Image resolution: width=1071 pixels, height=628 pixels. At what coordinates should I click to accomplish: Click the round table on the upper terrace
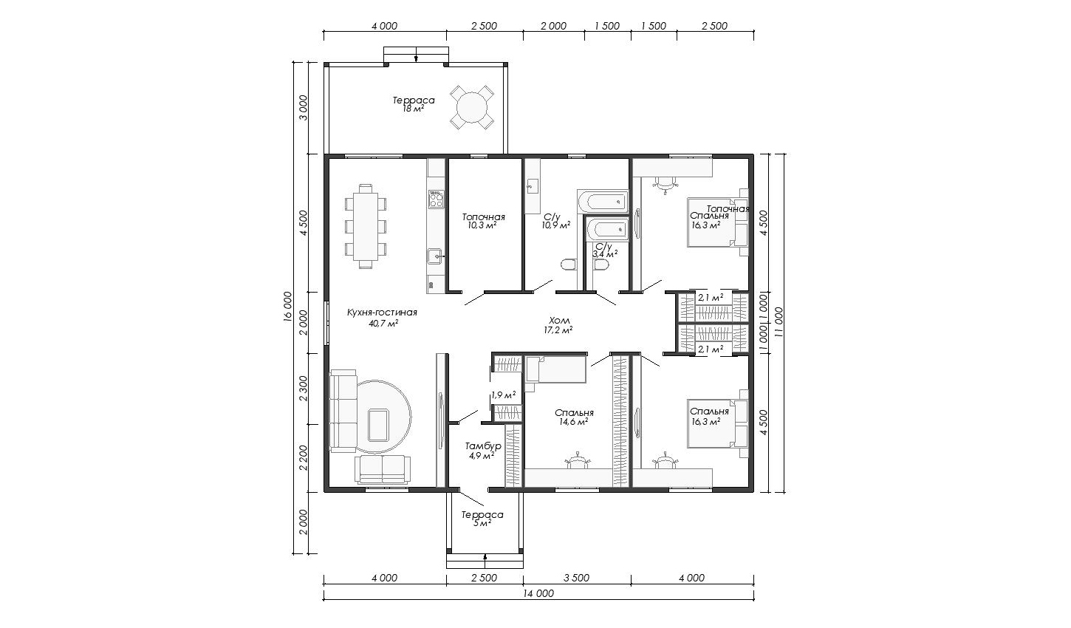point(472,108)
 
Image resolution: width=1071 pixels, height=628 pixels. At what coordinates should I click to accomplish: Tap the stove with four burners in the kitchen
point(436,199)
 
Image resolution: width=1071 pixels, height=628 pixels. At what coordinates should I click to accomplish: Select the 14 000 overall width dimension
point(538,593)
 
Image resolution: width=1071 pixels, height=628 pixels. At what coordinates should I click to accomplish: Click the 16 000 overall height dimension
point(287,307)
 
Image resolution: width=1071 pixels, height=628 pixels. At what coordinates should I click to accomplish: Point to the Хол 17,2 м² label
point(558,325)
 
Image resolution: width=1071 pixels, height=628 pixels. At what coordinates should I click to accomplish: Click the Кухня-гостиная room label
point(382,313)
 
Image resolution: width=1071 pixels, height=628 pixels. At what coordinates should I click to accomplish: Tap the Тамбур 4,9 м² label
point(483,451)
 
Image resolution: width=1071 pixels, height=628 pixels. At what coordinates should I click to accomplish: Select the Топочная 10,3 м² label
point(483,221)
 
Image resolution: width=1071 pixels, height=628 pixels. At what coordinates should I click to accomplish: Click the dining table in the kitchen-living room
point(366,226)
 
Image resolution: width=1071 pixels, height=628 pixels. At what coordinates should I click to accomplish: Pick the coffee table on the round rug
point(377,426)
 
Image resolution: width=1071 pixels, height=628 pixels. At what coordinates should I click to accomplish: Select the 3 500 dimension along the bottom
point(577,578)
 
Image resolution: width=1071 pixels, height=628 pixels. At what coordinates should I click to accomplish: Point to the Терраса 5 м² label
point(482,519)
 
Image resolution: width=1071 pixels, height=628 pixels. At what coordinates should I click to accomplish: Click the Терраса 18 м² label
point(414,104)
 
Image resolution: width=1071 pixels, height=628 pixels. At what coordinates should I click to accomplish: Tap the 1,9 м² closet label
point(504,395)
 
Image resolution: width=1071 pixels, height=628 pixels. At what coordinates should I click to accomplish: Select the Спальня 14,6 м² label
point(574,417)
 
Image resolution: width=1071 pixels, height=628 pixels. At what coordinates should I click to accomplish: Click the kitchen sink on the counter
point(436,257)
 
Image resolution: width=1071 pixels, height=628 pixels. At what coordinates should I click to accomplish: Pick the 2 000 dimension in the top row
point(554,26)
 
